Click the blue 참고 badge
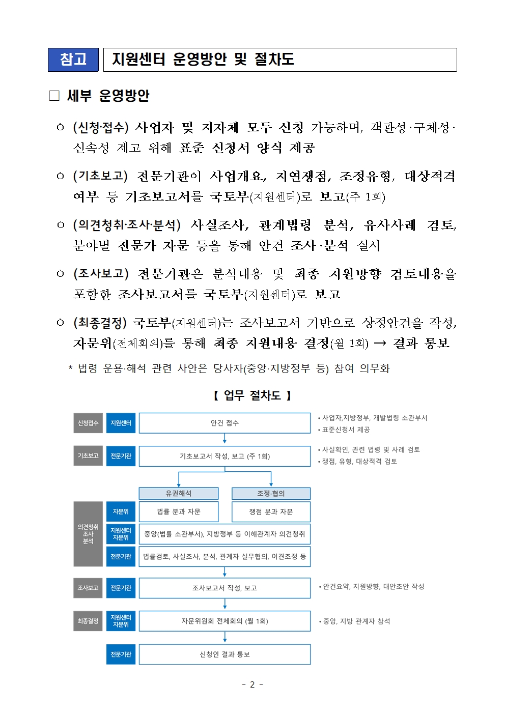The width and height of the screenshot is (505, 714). (x=73, y=60)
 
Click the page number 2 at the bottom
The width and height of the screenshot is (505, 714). (x=252, y=684)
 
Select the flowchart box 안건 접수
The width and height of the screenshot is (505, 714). (x=225, y=423)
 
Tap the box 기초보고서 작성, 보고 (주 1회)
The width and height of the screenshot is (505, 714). (x=225, y=456)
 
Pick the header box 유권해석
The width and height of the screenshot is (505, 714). (x=178, y=493)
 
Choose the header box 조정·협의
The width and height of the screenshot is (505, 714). (x=271, y=493)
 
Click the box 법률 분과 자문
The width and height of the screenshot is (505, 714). (x=178, y=511)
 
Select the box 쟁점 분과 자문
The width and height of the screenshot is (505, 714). (x=271, y=511)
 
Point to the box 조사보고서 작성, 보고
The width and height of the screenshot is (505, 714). (x=225, y=588)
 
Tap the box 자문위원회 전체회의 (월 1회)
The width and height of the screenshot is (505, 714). (x=225, y=621)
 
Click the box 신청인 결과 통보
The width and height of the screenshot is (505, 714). (x=225, y=654)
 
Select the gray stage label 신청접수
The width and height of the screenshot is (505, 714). (x=88, y=423)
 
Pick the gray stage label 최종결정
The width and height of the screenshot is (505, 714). (x=88, y=621)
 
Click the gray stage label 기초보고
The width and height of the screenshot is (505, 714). (x=88, y=456)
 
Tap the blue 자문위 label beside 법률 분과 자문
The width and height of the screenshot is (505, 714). (x=121, y=511)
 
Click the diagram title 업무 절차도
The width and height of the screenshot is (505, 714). (x=252, y=395)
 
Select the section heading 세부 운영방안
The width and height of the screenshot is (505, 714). (x=108, y=96)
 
